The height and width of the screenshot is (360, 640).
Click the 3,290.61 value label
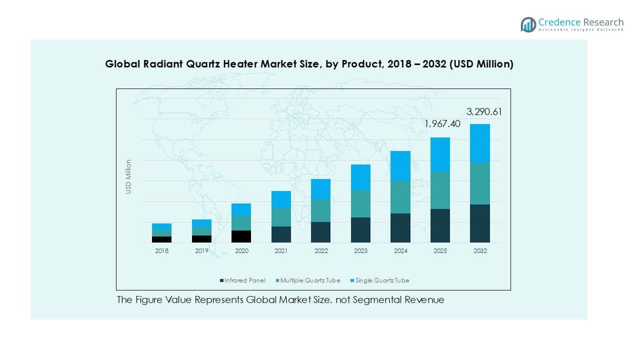coord(484,112)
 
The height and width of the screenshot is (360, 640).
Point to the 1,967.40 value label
coord(442,123)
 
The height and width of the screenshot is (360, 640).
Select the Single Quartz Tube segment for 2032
coord(479,143)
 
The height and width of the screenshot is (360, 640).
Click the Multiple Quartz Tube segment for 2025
coord(440,190)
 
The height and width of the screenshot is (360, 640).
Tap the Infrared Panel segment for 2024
coord(400,228)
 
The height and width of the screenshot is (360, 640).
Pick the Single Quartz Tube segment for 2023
coord(360,177)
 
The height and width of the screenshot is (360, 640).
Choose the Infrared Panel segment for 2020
coord(241,236)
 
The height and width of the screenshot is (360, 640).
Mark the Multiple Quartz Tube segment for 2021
coord(281,217)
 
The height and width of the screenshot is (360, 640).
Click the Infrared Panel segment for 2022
coord(320,232)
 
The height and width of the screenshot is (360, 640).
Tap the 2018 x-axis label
coord(161,251)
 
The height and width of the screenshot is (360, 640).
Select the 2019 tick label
coord(201,251)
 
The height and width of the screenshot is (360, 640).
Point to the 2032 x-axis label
coord(479,251)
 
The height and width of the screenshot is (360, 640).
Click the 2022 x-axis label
coord(320,251)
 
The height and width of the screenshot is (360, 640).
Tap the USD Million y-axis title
coord(128,176)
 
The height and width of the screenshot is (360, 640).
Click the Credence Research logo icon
coord(528,24)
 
